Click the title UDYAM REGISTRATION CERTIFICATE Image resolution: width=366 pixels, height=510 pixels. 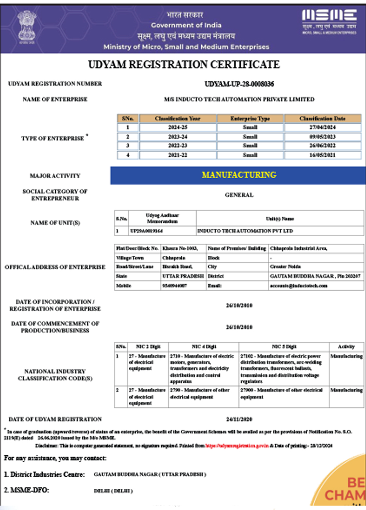[184, 65]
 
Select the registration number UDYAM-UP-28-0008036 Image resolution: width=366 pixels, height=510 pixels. [239, 84]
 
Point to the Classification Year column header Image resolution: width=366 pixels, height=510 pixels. [177, 119]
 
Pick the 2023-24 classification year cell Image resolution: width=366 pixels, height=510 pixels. [177, 136]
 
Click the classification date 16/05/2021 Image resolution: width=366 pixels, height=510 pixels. [322, 155]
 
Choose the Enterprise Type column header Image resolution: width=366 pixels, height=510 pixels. [250, 119]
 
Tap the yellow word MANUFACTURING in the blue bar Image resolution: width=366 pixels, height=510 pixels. [239, 175]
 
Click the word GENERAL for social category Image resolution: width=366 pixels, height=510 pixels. [239, 195]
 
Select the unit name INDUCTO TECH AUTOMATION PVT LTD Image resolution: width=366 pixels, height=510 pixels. [245, 231]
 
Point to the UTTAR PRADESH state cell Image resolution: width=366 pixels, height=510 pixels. [183, 276]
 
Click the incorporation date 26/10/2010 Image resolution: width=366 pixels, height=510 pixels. [239, 305]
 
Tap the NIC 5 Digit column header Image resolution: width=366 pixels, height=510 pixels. [284, 346]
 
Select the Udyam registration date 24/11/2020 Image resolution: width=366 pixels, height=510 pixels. [239, 419]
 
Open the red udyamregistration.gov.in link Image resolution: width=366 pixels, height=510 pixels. [237, 445]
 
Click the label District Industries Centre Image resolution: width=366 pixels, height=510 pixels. [44, 474]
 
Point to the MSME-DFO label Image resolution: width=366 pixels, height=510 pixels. [26, 490]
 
